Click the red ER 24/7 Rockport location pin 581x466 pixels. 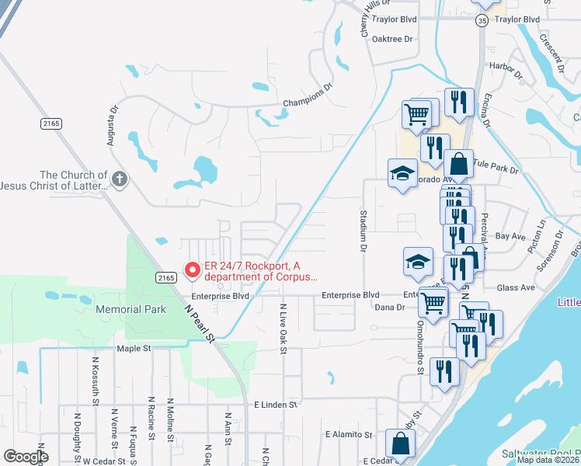(192, 270)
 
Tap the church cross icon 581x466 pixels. (119, 180)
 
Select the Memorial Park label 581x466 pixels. (131, 309)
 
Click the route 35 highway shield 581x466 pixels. (482, 22)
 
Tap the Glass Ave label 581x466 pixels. (516, 287)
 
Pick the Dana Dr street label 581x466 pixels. (391, 308)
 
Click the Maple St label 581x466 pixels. (133, 349)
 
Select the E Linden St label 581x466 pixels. (276, 405)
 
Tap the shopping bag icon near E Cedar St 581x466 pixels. (400, 446)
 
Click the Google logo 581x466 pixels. (26, 457)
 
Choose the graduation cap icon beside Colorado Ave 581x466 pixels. (403, 173)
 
